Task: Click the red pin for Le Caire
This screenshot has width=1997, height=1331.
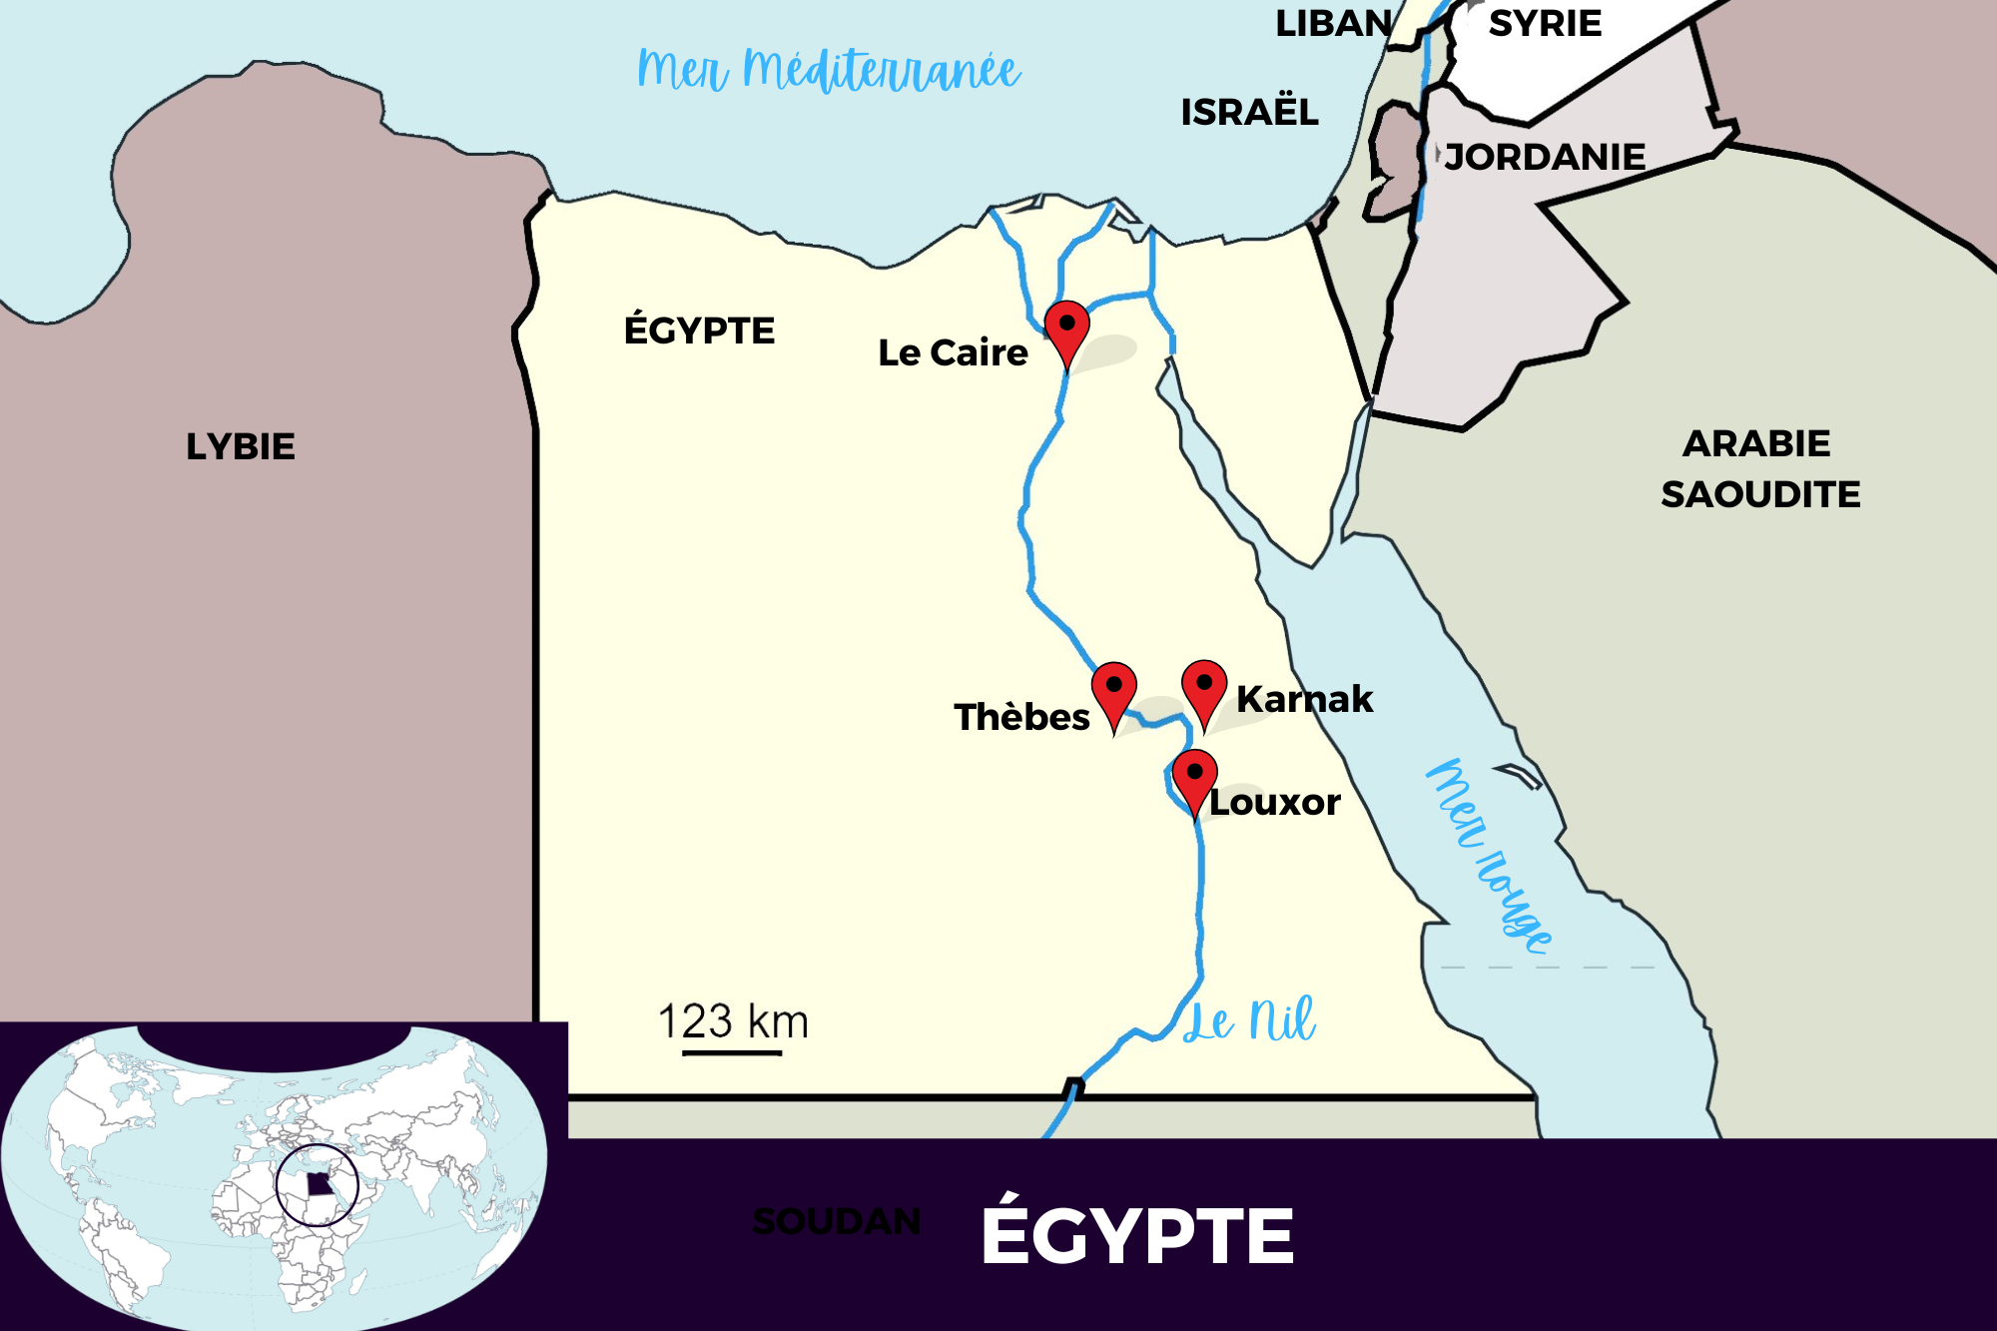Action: (x=1066, y=330)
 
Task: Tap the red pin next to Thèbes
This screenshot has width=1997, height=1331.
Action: (x=1113, y=691)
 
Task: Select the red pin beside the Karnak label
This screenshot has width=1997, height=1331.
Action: (x=1204, y=689)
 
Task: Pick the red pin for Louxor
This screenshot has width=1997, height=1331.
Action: (x=1194, y=779)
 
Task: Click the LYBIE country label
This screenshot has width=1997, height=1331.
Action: (x=241, y=446)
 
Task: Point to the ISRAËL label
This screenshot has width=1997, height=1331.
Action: (x=1249, y=112)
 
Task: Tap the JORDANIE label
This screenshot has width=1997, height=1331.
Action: (x=1545, y=157)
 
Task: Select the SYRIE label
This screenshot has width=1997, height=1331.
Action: (x=1545, y=23)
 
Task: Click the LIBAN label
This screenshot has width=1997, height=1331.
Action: (x=1333, y=23)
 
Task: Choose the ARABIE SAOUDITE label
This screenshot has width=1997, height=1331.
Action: (x=1759, y=468)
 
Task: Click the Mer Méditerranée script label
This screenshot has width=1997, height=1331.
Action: (x=829, y=70)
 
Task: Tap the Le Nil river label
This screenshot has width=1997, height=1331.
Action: (x=1249, y=1021)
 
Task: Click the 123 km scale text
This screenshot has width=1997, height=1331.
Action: (x=733, y=1020)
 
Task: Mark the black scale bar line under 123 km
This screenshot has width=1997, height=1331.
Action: (x=732, y=1052)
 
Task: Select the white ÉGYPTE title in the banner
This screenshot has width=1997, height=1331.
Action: (x=1137, y=1235)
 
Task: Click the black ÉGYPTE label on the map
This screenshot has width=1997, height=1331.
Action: (x=699, y=331)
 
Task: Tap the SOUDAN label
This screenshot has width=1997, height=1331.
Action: (x=837, y=1221)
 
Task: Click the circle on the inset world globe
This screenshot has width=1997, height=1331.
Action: (x=318, y=1185)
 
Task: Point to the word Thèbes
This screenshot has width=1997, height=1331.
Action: (x=1021, y=717)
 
